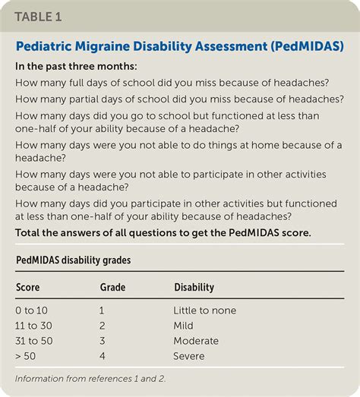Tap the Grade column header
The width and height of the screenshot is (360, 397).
pos(113,288)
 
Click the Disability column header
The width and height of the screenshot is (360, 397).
pos(194,288)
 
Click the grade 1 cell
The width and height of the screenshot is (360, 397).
pos(103,310)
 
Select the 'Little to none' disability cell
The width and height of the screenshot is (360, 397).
pos(205,310)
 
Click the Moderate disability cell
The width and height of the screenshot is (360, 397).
pos(197,341)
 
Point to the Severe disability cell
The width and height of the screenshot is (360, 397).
pos(191,356)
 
